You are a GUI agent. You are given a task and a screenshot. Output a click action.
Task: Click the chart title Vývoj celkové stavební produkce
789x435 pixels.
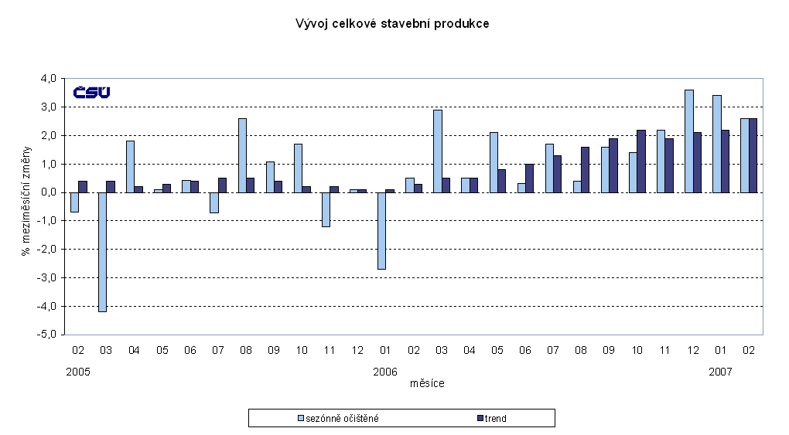pyautogui.click(x=392, y=24)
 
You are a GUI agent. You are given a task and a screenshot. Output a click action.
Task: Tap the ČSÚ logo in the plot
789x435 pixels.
pyautogui.click(x=91, y=93)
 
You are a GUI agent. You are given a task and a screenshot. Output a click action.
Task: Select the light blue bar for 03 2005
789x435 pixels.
pyautogui.click(x=101, y=252)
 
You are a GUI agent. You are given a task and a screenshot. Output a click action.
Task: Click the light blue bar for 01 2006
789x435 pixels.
pyautogui.click(x=381, y=230)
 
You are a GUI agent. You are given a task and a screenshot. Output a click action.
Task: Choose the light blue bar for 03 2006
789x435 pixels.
pyautogui.click(x=437, y=151)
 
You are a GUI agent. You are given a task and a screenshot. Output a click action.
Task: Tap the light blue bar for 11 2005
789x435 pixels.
pyautogui.click(x=326, y=209)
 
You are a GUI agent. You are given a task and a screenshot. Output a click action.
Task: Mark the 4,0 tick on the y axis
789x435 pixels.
pyautogui.click(x=49, y=79)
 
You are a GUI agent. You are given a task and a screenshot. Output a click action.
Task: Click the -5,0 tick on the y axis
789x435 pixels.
pyautogui.click(x=48, y=335)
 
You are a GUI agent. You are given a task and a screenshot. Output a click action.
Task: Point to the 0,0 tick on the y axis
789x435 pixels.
pyautogui.click(x=49, y=192)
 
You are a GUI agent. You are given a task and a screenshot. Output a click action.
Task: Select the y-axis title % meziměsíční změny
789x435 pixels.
pyautogui.click(x=27, y=206)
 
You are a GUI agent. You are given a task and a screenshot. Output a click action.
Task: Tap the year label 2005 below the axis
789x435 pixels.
pyautogui.click(x=78, y=372)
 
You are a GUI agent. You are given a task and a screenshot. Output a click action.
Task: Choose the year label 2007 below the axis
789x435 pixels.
pyautogui.click(x=721, y=372)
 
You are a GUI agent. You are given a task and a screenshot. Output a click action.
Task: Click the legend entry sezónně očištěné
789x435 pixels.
pyautogui.click(x=341, y=418)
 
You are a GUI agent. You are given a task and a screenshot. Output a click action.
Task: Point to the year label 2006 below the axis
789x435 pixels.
pyautogui.click(x=384, y=372)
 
